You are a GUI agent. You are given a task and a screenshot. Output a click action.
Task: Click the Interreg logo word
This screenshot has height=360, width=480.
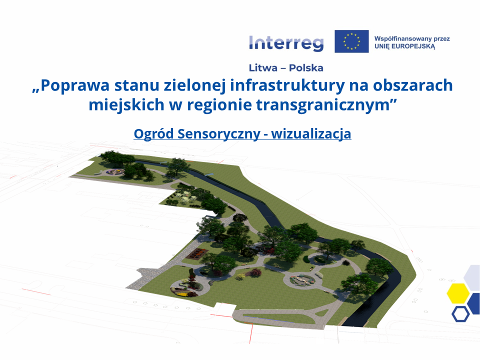pos(286,43)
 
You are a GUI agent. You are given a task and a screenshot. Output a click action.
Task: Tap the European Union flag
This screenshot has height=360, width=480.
pos(351,41)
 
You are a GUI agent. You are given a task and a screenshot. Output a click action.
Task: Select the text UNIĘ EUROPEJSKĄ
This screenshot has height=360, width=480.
pos(404,46)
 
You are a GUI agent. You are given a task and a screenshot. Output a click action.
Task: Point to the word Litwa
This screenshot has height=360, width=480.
pos(263,67)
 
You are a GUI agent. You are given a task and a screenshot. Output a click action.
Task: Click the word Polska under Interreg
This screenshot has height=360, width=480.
pos(306,67)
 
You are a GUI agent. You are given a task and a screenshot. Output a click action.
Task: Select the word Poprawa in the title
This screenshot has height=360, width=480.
pos(74,85)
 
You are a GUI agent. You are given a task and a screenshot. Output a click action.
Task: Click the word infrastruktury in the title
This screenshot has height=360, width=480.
pos(287,85)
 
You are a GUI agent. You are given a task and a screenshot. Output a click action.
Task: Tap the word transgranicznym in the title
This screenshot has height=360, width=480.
pos(322,105)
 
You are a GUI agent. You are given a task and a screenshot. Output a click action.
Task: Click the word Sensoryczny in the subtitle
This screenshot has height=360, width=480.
pos(219,134)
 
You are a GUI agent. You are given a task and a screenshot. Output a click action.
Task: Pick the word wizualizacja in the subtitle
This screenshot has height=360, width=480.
pos(311,134)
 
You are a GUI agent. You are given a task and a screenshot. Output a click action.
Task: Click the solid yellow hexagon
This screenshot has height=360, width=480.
pos(458,293)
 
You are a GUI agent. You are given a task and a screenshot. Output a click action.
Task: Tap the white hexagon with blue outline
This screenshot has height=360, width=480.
pos(460,313)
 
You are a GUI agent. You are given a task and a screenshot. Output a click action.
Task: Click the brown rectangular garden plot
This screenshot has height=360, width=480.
pos(198,253)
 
